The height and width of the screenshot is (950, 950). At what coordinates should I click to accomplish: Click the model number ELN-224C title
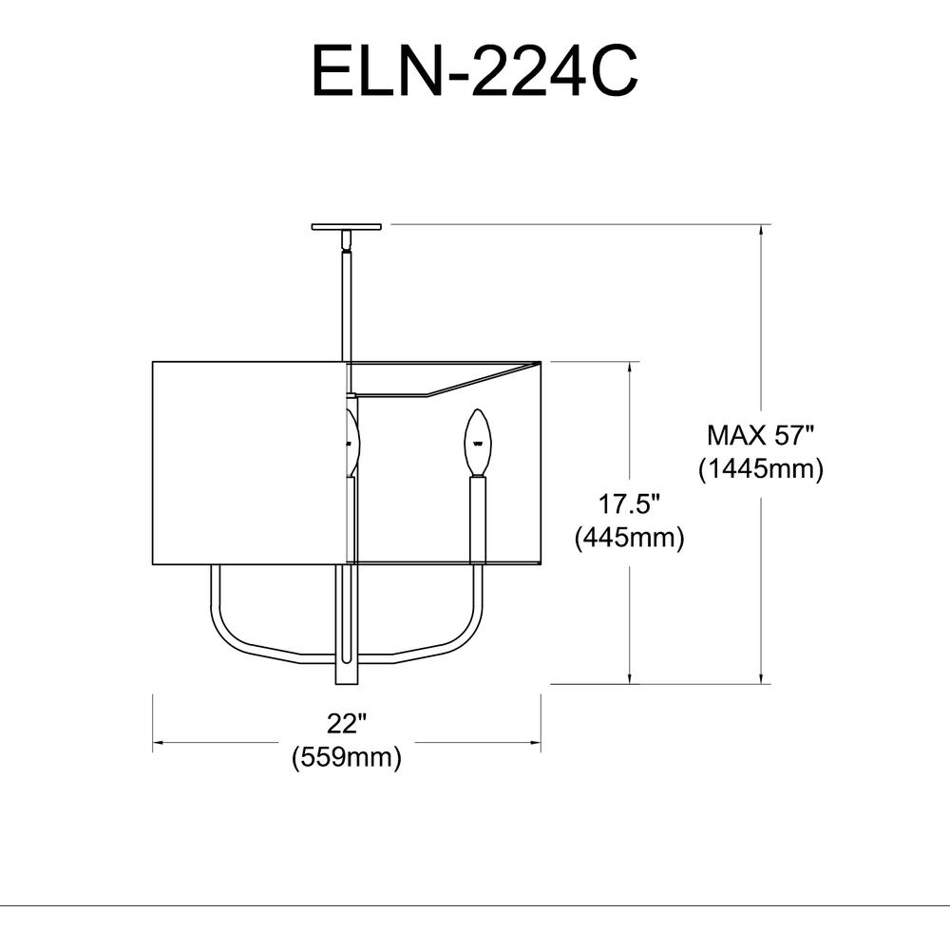[474, 71]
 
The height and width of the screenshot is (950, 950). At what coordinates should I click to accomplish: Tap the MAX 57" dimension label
[762, 435]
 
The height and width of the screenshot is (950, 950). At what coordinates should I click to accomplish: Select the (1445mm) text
[761, 469]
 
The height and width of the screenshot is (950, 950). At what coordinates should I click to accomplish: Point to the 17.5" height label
[629, 504]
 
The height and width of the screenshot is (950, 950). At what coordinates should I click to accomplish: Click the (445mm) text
[630, 538]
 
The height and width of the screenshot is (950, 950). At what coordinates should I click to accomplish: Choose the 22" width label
[347, 723]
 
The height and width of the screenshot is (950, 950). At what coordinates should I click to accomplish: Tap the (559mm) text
[347, 757]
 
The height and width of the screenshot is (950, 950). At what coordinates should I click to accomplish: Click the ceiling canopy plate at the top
[347, 227]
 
